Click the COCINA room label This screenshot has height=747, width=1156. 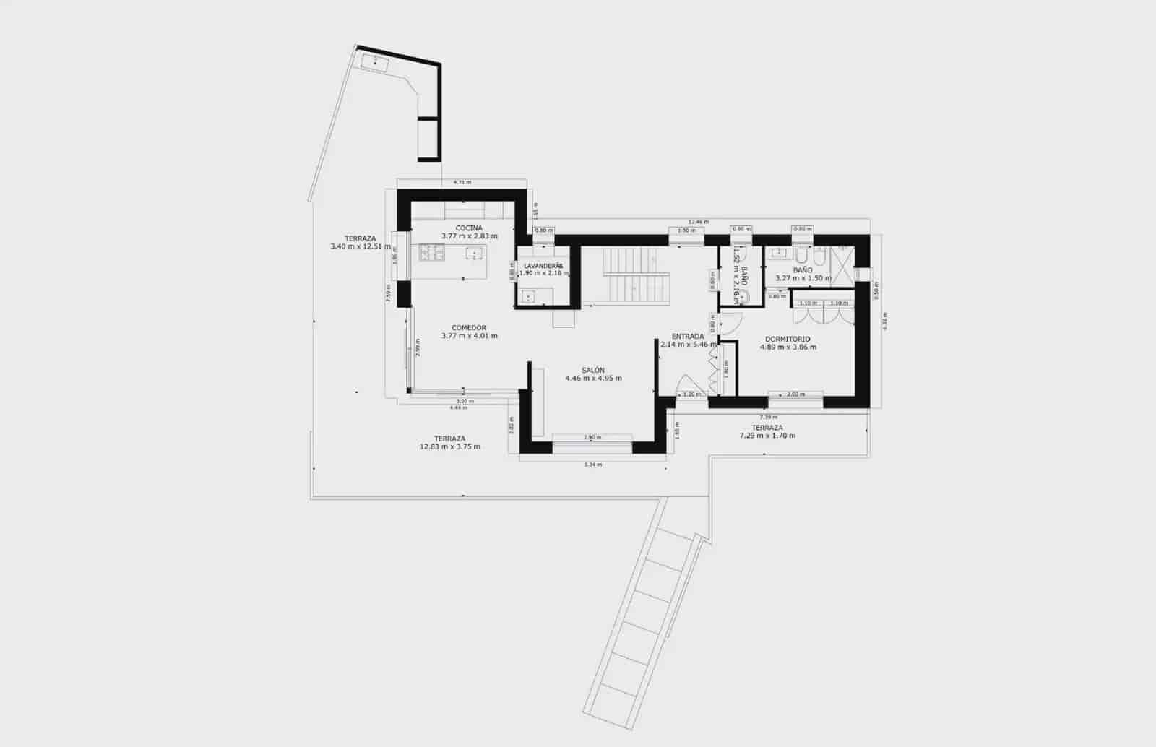pos(469,228)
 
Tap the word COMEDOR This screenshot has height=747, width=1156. pos(469,328)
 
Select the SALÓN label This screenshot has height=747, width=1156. pos(593,370)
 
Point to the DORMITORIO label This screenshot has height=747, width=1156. pos(788,339)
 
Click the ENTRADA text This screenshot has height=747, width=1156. pos(687,337)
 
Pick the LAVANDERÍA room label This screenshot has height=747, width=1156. pos(543,266)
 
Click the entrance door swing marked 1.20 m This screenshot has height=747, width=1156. pos(692,394)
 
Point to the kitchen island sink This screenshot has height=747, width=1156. pos(474,253)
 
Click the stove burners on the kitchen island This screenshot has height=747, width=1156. pos(432,252)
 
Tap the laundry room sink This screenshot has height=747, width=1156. pos(528,296)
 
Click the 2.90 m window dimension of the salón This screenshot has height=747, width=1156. pos(592,438)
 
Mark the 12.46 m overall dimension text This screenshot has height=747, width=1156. pos(699,222)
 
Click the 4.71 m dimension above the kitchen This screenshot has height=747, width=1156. pos(462,183)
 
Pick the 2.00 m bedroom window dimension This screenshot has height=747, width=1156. pos(795,394)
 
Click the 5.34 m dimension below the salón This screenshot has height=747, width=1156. pos(592,465)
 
